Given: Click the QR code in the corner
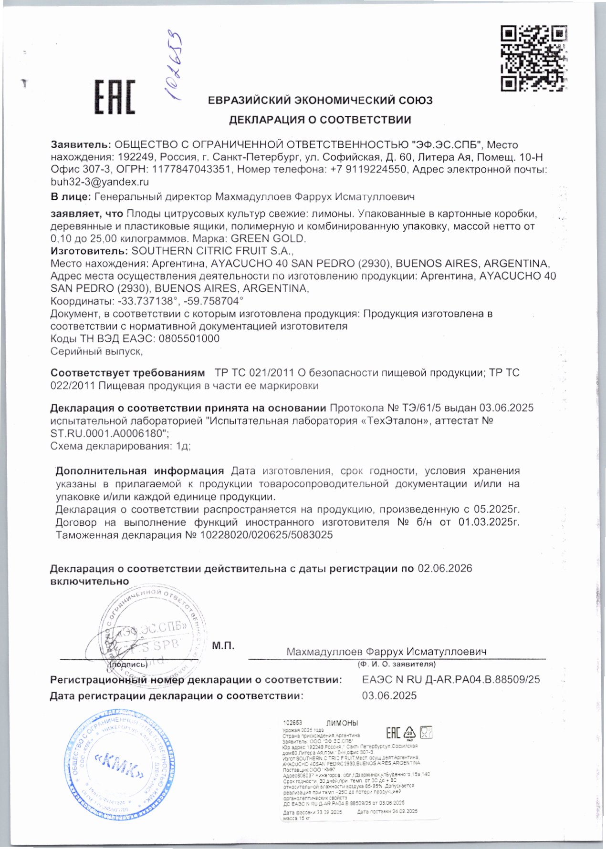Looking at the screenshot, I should pyautogui.click(x=534, y=59).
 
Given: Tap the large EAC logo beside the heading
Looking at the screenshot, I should pyautogui.click(x=115, y=97).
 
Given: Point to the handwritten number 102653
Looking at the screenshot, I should pyautogui.click(x=174, y=67).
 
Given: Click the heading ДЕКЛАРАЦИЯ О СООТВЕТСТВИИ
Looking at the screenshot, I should pyautogui.click(x=320, y=120).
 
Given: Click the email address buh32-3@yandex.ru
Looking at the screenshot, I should pyautogui.click(x=100, y=182).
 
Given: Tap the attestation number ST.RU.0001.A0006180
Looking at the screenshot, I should pyautogui.click(x=109, y=433).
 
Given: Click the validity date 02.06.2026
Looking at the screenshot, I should pyautogui.click(x=445, y=568).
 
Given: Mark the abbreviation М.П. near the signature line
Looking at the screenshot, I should pyautogui.click(x=223, y=646).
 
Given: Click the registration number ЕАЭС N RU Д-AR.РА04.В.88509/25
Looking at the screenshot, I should pyautogui.click(x=451, y=679).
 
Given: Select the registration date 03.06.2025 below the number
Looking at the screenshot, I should pyautogui.click(x=389, y=696).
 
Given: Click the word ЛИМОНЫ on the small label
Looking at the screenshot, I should pyautogui.click(x=342, y=723).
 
